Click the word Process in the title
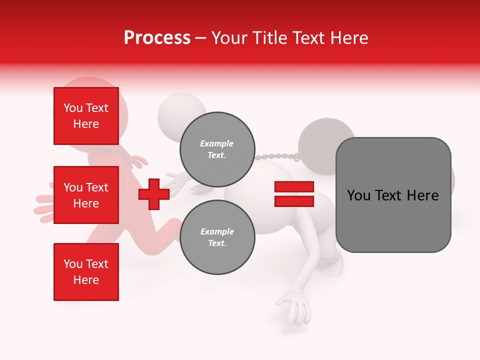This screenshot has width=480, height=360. click(157, 38)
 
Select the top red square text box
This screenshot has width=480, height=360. click(86, 116)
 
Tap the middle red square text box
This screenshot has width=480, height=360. click(86, 195)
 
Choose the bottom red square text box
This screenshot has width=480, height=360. click(86, 271)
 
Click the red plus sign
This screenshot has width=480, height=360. click(153, 194)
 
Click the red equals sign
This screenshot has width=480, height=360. click(294, 194)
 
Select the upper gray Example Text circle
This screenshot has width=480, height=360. click(217, 149)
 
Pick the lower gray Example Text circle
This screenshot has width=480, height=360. click(217, 237)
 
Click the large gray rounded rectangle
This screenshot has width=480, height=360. click(393, 195)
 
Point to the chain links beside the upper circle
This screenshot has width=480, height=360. click(277, 156)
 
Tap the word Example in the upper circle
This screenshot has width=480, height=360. click(216, 143)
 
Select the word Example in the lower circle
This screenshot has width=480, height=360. click(217, 231)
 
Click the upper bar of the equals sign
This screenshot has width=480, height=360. click(294, 187)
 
